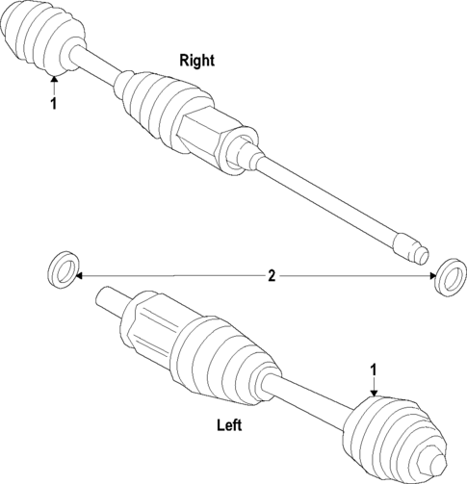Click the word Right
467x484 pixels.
coord(197,60)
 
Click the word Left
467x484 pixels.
coord(229,424)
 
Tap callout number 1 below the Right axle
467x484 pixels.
coord(54,103)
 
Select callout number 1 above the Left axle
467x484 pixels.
coord(375,369)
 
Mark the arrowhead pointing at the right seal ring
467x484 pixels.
coord(431,276)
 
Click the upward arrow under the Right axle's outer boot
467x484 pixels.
coord(54,82)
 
